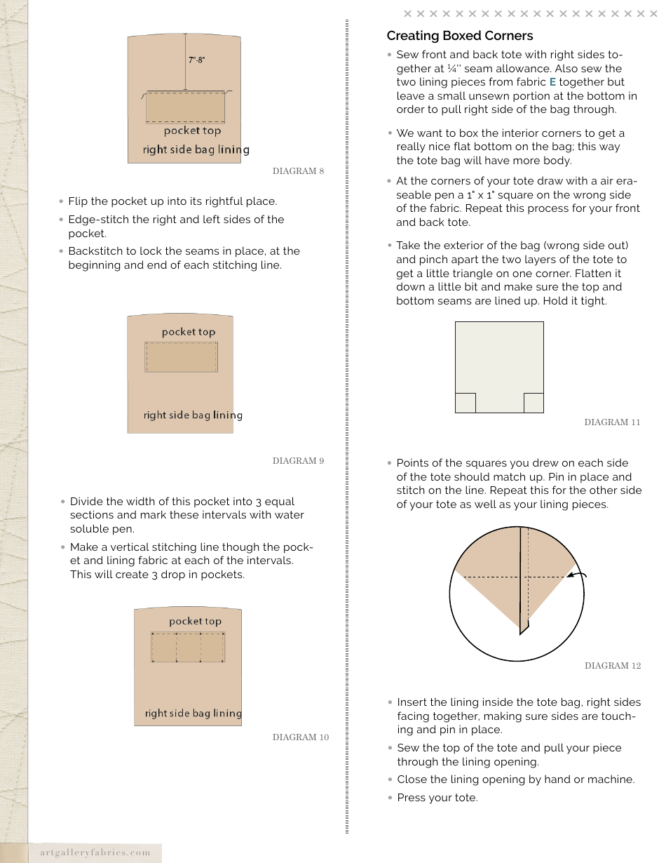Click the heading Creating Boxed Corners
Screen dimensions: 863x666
point(459,36)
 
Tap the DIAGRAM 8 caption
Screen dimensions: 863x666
point(298,171)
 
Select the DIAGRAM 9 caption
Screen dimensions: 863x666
point(298,461)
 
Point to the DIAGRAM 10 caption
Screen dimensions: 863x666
point(300,737)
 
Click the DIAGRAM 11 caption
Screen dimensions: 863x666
point(612,422)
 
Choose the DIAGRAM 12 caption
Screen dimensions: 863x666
point(612,666)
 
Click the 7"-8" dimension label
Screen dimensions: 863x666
point(196,60)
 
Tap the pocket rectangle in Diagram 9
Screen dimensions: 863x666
point(181,357)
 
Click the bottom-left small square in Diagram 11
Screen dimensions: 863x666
point(465,403)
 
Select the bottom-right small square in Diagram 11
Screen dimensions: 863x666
point(534,403)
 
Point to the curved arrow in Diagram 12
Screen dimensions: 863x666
point(577,575)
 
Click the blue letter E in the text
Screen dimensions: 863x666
point(552,82)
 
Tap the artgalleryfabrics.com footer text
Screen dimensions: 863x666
point(95,852)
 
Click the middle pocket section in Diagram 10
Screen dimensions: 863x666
point(189,647)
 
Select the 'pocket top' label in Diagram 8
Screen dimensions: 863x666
point(192,131)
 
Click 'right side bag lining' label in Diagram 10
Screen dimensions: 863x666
point(193,714)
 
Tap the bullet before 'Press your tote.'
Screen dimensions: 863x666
point(390,798)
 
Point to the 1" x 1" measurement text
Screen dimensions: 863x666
point(503,195)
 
